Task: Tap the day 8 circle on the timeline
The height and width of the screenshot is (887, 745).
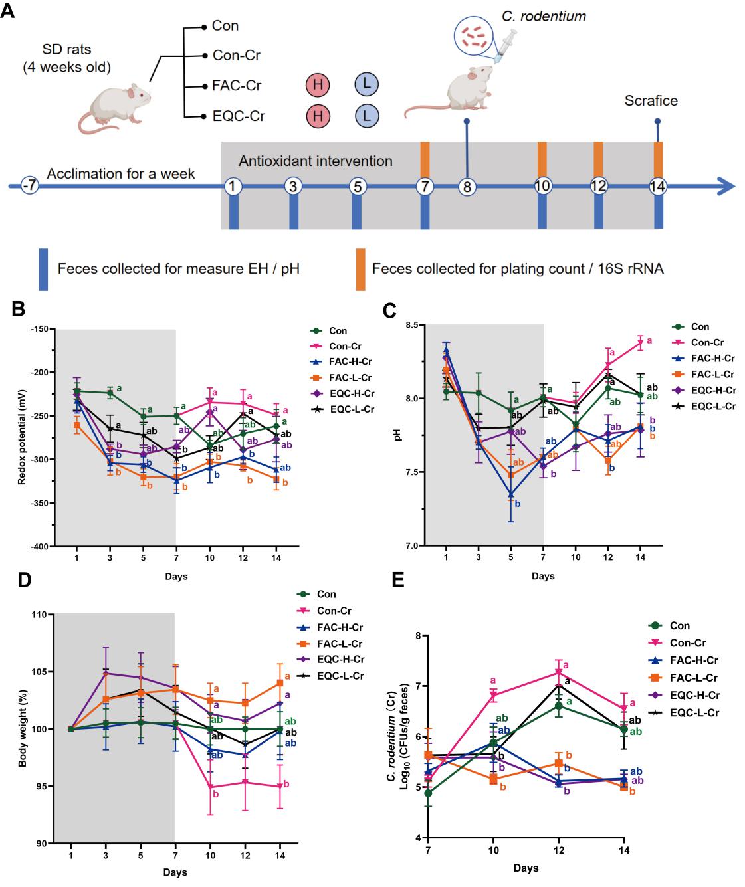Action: pyautogui.click(x=467, y=186)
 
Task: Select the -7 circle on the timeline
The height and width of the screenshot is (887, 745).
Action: pyautogui.click(x=29, y=185)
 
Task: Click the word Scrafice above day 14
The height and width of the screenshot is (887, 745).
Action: pyautogui.click(x=651, y=101)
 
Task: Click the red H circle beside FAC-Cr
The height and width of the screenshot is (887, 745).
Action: pyautogui.click(x=318, y=85)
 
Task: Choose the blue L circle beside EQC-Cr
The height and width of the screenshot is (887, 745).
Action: pyautogui.click(x=366, y=116)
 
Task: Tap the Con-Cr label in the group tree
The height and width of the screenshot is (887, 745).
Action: pyautogui.click(x=235, y=56)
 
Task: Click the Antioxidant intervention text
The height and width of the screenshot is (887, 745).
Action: pyautogui.click(x=315, y=161)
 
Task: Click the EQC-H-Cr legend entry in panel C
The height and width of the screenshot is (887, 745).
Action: pyautogui.click(x=713, y=390)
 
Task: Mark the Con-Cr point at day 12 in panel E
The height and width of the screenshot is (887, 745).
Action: pyautogui.click(x=558, y=672)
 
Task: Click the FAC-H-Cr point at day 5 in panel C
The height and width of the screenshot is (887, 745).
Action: pyautogui.click(x=510, y=494)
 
